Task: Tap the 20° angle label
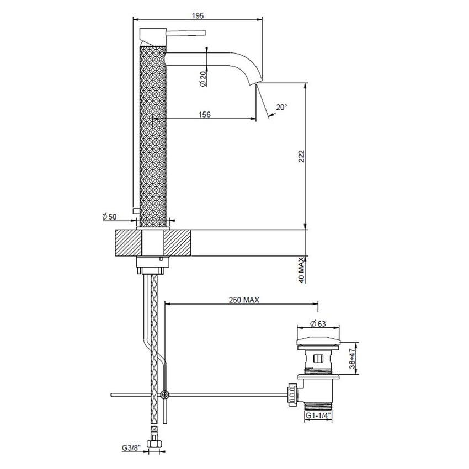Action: click(x=281, y=108)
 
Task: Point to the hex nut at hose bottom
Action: click(x=155, y=442)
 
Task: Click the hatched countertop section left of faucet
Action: click(x=128, y=242)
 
